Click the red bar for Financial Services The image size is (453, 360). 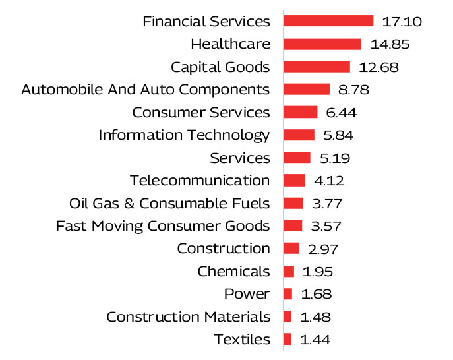[328, 21]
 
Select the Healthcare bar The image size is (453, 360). [322, 44]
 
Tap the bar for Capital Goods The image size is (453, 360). [317, 67]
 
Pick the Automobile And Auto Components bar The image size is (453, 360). [307, 89]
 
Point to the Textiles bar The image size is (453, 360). [287, 339]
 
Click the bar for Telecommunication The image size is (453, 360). [295, 180]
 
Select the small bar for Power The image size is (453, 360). [288, 293]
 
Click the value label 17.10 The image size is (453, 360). [402, 22]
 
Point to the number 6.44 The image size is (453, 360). [342, 112]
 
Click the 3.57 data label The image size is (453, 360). [326, 225]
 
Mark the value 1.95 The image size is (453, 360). [318, 271]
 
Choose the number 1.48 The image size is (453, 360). [315, 316]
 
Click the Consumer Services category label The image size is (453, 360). [201, 112]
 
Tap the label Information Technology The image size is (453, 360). [184, 135]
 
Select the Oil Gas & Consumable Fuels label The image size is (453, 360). [169, 203]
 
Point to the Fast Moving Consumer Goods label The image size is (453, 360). [163, 225]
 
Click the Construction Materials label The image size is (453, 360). [188, 316]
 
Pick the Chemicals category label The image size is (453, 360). [233, 271]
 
